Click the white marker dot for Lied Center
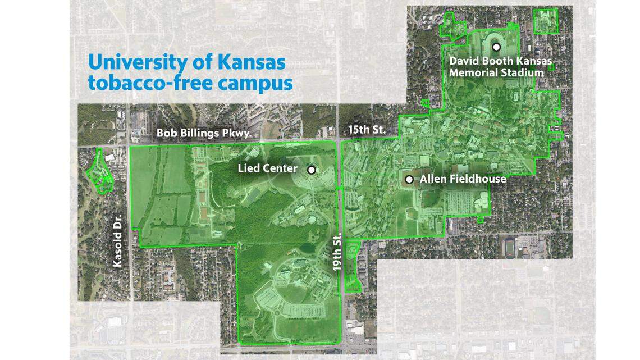point(311,169)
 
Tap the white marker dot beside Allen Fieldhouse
point(410,179)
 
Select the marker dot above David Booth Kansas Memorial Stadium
point(496,47)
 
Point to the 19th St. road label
point(337,253)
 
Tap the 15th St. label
point(366,130)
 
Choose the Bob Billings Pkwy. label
point(203,134)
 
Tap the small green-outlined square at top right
point(545,21)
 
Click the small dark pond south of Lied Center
point(307,248)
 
